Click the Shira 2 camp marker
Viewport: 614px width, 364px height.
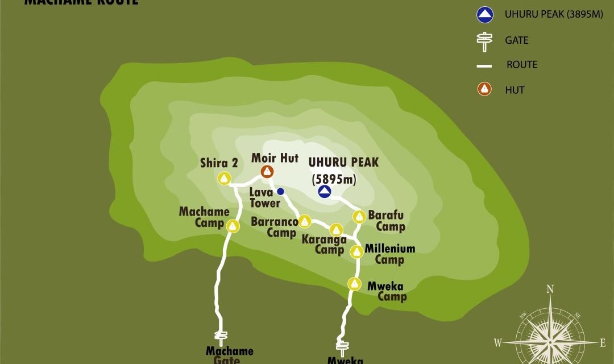click(x=225, y=179)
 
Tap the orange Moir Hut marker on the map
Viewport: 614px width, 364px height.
click(x=267, y=171)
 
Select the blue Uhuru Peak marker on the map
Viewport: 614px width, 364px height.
click(x=325, y=192)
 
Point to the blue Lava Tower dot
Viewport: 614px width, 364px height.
click(x=280, y=192)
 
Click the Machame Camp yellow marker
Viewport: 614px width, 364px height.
click(x=233, y=226)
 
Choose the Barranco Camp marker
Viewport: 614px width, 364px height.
click(x=305, y=221)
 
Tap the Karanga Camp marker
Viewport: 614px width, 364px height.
click(x=336, y=230)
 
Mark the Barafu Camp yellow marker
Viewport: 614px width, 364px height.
click(x=359, y=217)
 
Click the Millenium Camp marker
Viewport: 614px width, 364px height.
click(x=356, y=251)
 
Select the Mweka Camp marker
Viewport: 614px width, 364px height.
click(x=355, y=283)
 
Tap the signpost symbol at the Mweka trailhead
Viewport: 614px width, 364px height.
click(x=342, y=346)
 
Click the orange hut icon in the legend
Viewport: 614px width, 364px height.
click(x=484, y=89)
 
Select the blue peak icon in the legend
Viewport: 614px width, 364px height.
click(x=484, y=14)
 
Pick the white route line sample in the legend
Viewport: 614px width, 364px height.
click(x=484, y=66)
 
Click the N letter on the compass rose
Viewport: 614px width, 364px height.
click(x=550, y=289)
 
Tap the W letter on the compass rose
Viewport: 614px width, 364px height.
click(x=497, y=343)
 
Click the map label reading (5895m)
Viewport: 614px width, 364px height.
click(x=334, y=180)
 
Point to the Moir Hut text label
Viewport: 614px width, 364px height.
click(x=275, y=158)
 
